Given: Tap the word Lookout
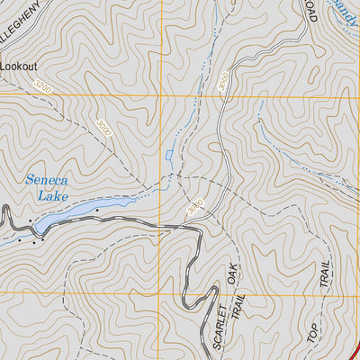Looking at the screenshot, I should (x=20, y=66).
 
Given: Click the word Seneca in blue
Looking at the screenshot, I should (x=47, y=180).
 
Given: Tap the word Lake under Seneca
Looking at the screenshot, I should (x=51, y=194).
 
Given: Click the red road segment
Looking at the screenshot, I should (x=354, y=346).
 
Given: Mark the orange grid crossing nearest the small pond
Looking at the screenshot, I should (x=163, y=96).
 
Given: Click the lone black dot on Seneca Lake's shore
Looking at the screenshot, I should (x=96, y=210).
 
